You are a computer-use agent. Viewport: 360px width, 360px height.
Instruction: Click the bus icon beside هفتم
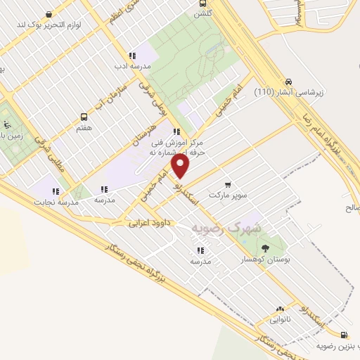[84, 117]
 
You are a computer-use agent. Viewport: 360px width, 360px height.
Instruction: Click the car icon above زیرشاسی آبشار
[288, 81]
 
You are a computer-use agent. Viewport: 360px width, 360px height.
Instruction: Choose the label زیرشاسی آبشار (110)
[288, 92]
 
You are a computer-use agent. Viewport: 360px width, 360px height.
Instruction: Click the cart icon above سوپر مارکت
[227, 184]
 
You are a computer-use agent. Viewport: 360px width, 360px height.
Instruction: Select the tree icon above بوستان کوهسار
[264, 248]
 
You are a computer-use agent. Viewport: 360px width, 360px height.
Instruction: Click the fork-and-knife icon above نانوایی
[281, 308]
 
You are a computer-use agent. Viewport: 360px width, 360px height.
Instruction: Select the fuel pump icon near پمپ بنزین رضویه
[343, 335]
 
